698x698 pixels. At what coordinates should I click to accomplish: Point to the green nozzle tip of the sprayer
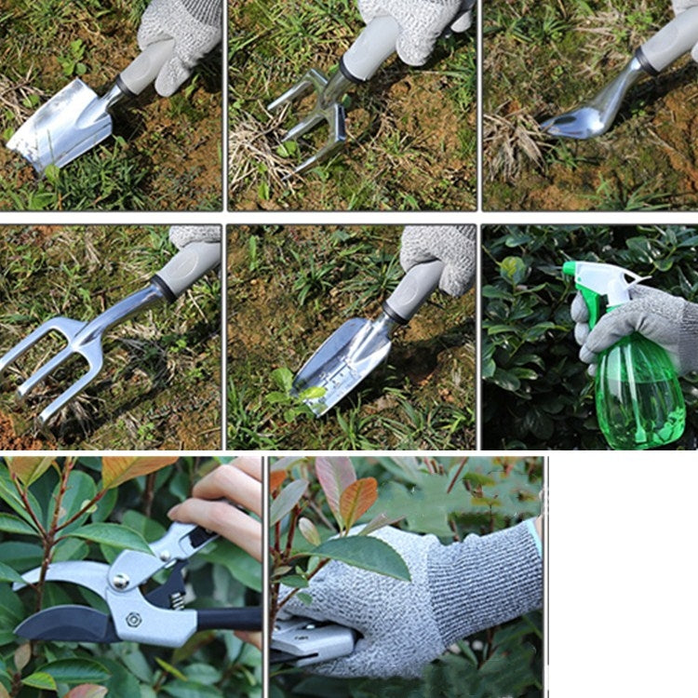point(569,269)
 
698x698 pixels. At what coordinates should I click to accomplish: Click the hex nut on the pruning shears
point(134,618)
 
